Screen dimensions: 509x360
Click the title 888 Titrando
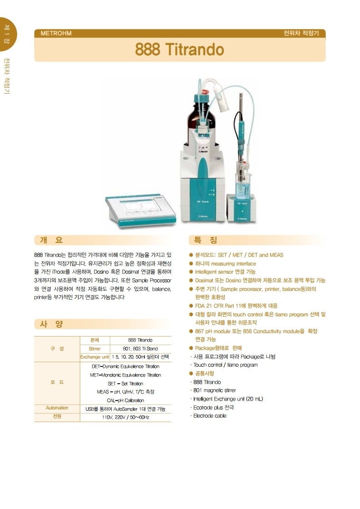(179, 49)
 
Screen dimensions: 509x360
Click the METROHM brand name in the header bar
(56, 33)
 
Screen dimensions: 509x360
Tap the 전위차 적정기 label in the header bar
(301, 33)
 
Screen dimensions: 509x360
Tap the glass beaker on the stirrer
(243, 185)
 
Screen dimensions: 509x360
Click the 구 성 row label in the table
(57, 348)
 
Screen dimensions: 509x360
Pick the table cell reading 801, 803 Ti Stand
(140, 349)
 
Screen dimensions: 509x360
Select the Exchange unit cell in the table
(95, 357)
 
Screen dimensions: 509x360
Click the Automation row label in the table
(57, 408)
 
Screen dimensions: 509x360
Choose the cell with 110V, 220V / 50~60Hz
(125, 417)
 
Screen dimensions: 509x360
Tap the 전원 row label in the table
(57, 416)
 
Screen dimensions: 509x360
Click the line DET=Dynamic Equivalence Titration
(125, 366)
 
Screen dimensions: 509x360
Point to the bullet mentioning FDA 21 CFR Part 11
(236, 306)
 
